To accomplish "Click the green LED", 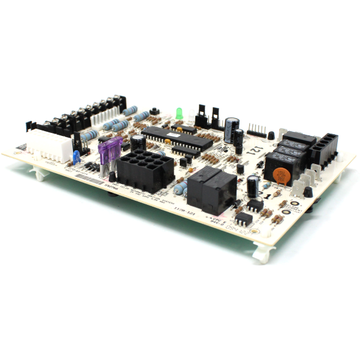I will coord(179,112).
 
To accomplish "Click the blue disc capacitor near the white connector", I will coord(76,156).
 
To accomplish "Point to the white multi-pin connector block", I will coord(51,144).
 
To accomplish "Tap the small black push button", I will coord(154,111).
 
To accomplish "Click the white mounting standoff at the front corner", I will coord(264,252).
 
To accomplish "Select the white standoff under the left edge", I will coord(38,174).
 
